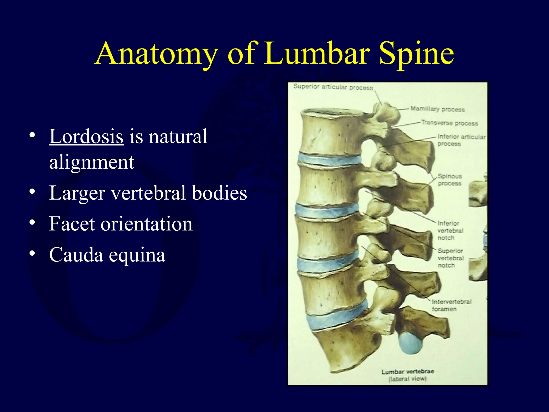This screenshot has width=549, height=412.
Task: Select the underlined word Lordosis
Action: [86, 137]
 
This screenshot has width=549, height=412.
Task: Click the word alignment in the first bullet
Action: [92, 162]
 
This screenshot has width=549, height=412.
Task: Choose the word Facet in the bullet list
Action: [72, 224]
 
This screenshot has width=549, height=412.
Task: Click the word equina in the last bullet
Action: [137, 255]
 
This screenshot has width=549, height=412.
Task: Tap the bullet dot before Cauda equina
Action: [32, 253]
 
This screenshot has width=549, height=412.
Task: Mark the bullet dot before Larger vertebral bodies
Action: [32, 192]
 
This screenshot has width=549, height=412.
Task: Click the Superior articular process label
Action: [333, 87]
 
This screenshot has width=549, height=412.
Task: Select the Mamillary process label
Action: [437, 109]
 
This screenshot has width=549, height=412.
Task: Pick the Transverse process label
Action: [450, 123]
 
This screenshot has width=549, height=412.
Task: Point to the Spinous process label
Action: [450, 180]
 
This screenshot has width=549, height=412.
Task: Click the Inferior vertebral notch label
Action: [450, 230]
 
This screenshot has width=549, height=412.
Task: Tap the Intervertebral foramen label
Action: [451, 305]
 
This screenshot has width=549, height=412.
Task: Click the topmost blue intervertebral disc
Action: [330, 160]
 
